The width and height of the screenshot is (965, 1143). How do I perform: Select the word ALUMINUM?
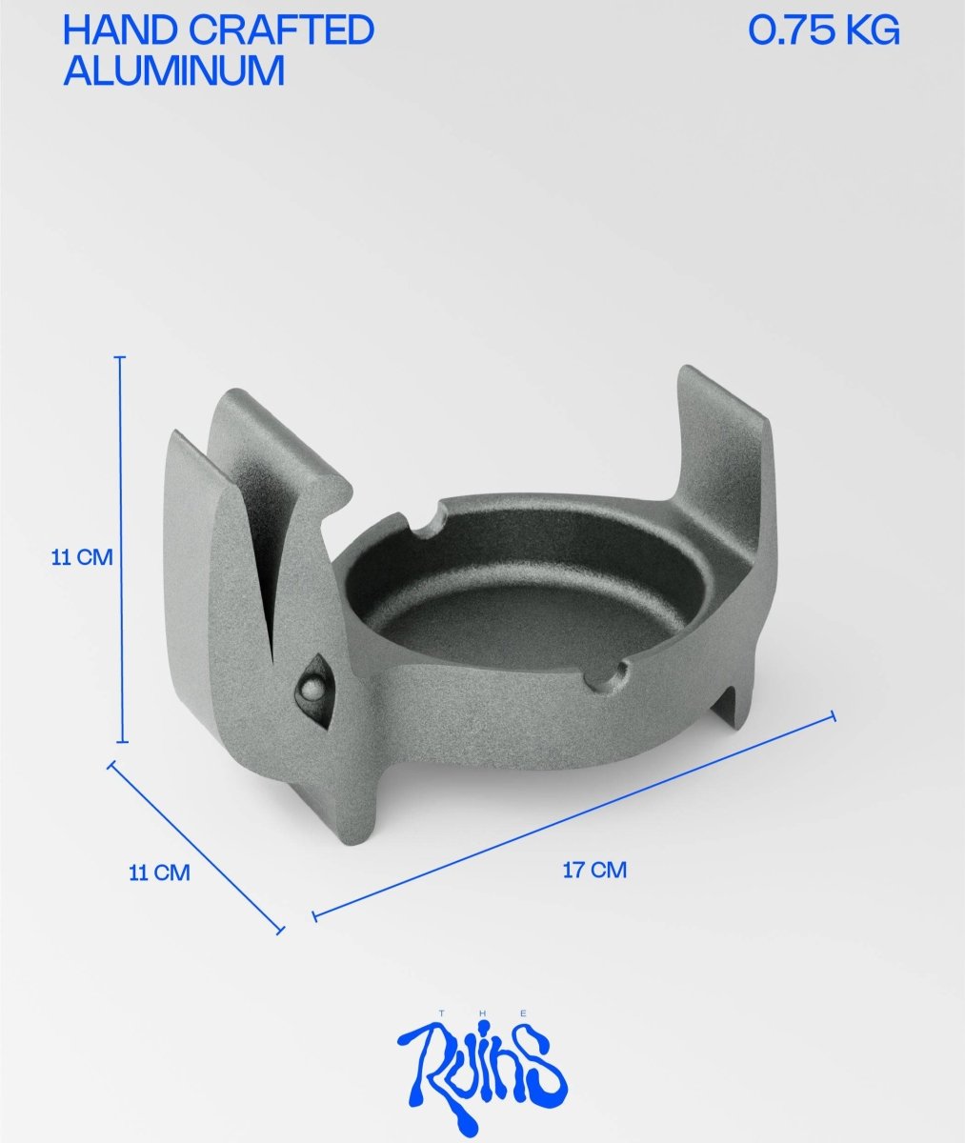coord(173,71)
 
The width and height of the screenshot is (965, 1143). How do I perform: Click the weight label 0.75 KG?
coord(823,31)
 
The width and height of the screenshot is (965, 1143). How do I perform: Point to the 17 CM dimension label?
coord(594,870)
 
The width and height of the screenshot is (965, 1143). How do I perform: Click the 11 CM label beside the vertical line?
coord(81,558)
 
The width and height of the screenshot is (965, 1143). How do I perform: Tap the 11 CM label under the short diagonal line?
coord(159,872)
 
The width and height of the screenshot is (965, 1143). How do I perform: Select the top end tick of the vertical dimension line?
coord(120,357)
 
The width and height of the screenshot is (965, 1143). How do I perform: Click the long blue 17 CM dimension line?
coord(572,815)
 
